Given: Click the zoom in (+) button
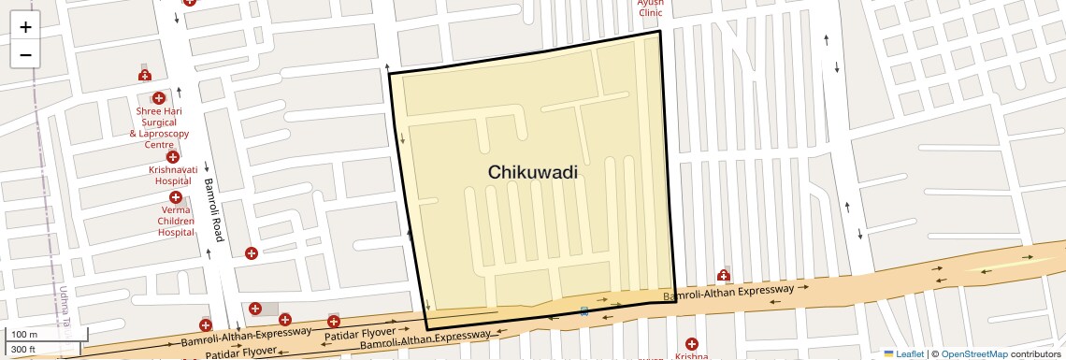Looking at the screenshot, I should pyautogui.click(x=25, y=27).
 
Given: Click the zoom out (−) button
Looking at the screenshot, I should pyautogui.click(x=25, y=54).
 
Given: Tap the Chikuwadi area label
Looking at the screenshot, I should pyautogui.click(x=532, y=172).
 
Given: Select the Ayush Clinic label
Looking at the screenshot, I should pyautogui.click(x=650, y=7).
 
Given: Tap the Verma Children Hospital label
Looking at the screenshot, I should pyautogui.click(x=176, y=221).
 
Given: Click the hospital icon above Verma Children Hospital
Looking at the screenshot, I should pyautogui.click(x=176, y=197).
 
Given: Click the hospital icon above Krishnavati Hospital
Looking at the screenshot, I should pyautogui.click(x=173, y=157).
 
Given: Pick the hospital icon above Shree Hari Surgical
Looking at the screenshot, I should pyautogui.click(x=158, y=97).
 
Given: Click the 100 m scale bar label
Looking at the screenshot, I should pyautogui.click(x=24, y=334).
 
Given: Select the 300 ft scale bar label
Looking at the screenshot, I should pyautogui.click(x=23, y=350).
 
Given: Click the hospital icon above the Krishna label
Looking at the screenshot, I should pyautogui.click(x=691, y=344).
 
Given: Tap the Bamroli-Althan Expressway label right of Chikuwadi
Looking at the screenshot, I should pyautogui.click(x=728, y=294).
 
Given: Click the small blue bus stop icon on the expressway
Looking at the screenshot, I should pyautogui.click(x=584, y=310).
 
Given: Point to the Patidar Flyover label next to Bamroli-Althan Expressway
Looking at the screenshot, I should pyautogui.click(x=360, y=334).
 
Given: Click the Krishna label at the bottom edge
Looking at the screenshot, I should pyautogui.click(x=691, y=356).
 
